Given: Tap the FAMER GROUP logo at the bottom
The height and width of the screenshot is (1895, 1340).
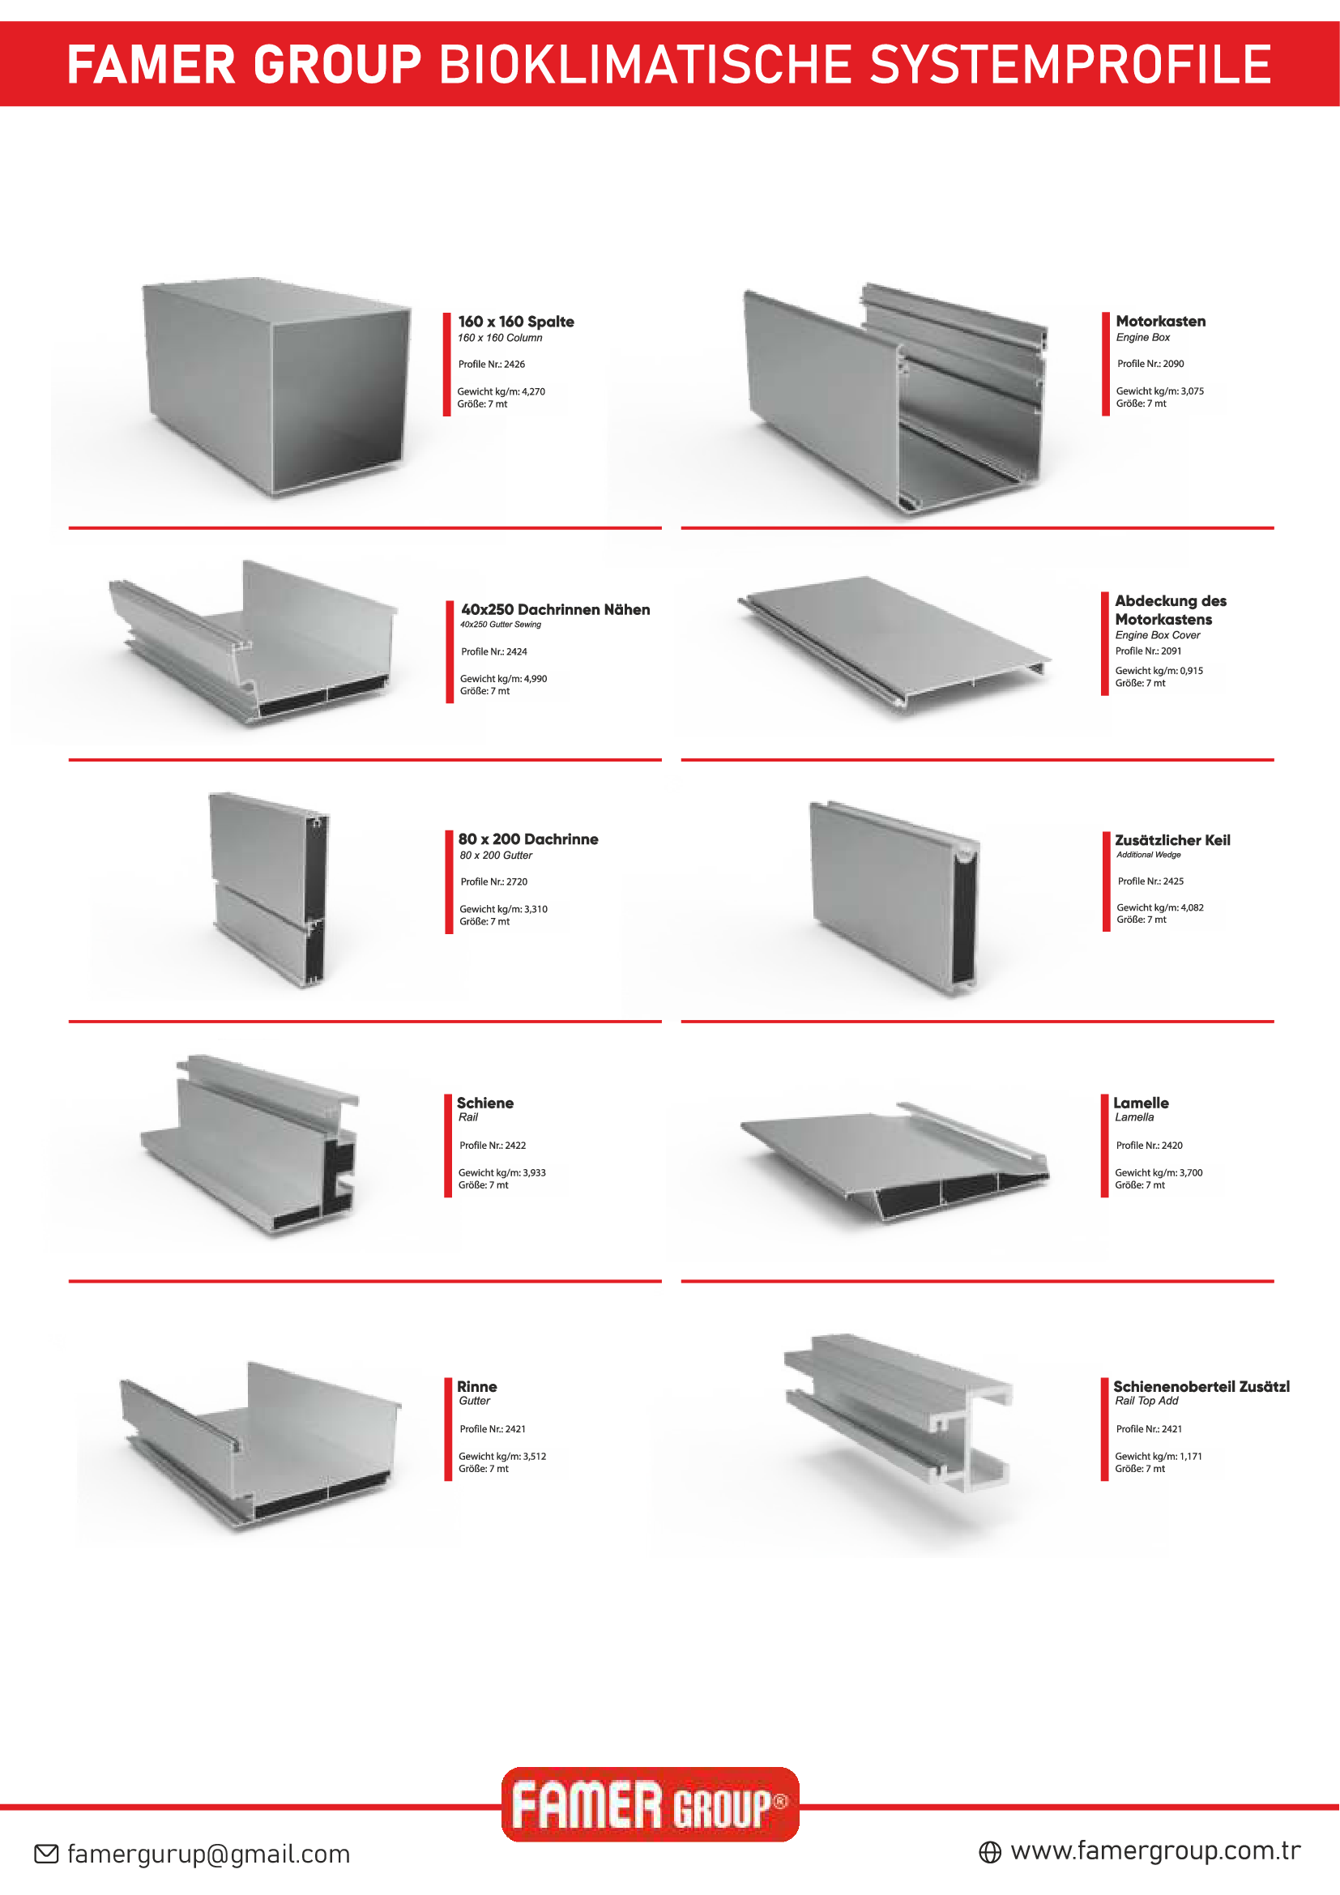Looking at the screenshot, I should (650, 1804).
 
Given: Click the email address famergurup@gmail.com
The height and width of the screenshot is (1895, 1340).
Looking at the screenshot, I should (208, 1854).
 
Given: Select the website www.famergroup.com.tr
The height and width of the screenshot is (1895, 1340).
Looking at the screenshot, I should (1155, 1850).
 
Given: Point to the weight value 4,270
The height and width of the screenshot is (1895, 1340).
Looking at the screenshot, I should (533, 391).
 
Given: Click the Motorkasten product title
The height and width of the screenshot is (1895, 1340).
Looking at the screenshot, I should (1159, 321).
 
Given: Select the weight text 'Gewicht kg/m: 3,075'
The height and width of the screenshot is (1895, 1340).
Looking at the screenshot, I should (1159, 391).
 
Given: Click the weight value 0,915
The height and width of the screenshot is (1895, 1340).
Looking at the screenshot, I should (1192, 671).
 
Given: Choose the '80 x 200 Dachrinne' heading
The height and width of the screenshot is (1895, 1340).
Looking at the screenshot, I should (528, 839).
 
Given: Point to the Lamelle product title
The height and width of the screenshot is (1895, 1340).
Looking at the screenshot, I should (1141, 1103).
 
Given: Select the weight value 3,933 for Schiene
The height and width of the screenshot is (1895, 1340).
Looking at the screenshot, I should (534, 1173).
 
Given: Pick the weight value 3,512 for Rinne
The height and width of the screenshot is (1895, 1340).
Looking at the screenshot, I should (534, 1457).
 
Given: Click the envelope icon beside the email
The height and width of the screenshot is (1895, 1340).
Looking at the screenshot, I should (46, 1854).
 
